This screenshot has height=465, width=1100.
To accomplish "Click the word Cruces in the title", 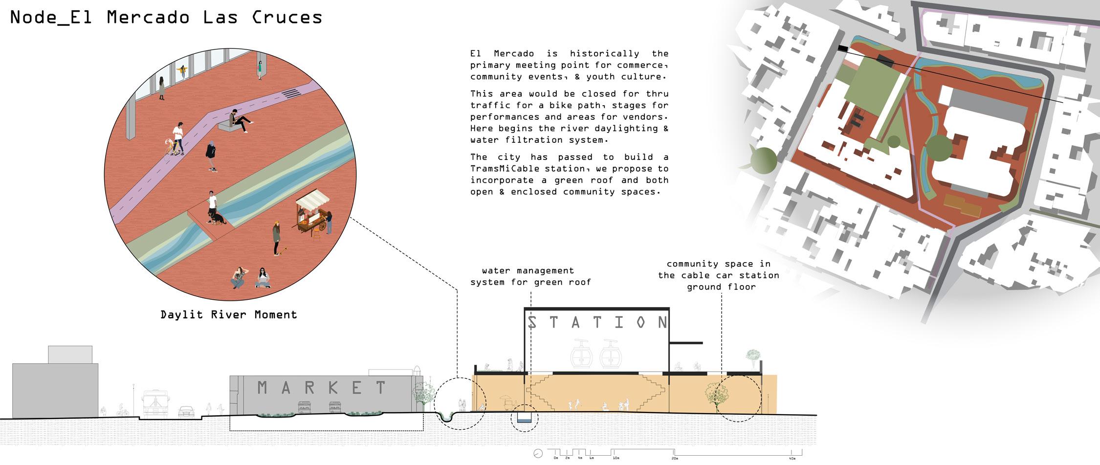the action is (287, 18).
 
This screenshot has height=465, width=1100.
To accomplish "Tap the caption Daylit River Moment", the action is (229, 315).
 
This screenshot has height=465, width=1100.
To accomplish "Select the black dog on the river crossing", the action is (216, 217).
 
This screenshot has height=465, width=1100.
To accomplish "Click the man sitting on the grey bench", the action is (239, 120).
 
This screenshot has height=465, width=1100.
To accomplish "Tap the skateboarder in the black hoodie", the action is (211, 155).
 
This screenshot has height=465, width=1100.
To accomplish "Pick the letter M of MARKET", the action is (263, 388).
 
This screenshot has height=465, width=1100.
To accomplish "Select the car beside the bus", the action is (186, 411).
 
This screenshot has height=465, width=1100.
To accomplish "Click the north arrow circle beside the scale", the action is (538, 453).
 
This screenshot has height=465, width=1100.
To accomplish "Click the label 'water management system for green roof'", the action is (530, 276).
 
